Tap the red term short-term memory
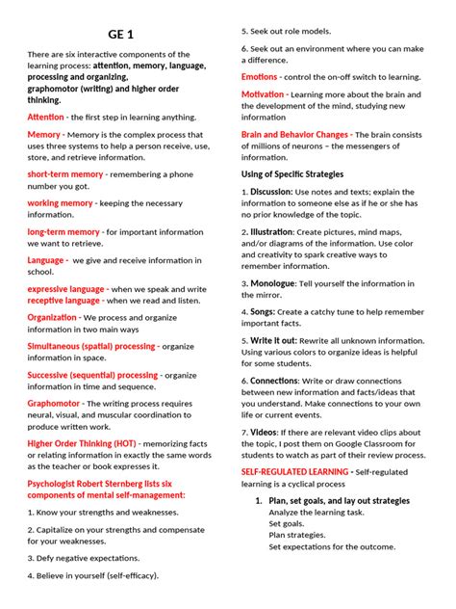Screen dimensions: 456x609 [65, 174]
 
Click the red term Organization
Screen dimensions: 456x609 [52, 317]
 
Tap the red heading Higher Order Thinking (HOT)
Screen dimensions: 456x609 [81, 443]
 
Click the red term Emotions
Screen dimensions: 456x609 [260, 75]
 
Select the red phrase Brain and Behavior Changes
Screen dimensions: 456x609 [294, 135]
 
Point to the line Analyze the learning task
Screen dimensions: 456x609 [318, 513]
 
